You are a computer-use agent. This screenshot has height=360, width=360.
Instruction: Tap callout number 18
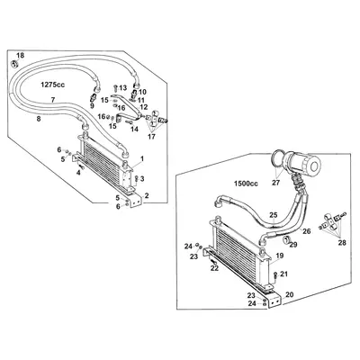pos(22,57)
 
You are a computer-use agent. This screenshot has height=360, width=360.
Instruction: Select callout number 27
pos(275,183)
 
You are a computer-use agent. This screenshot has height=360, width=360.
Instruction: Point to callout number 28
pos(341,243)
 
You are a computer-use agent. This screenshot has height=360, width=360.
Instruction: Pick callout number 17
pos(150,137)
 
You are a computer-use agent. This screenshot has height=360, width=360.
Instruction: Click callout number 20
pos(289,294)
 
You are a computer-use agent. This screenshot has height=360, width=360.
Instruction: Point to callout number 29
pos(291,244)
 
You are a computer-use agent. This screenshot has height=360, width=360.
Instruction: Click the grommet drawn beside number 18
pos(14,66)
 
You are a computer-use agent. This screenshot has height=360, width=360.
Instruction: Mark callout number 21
pos(283,274)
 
